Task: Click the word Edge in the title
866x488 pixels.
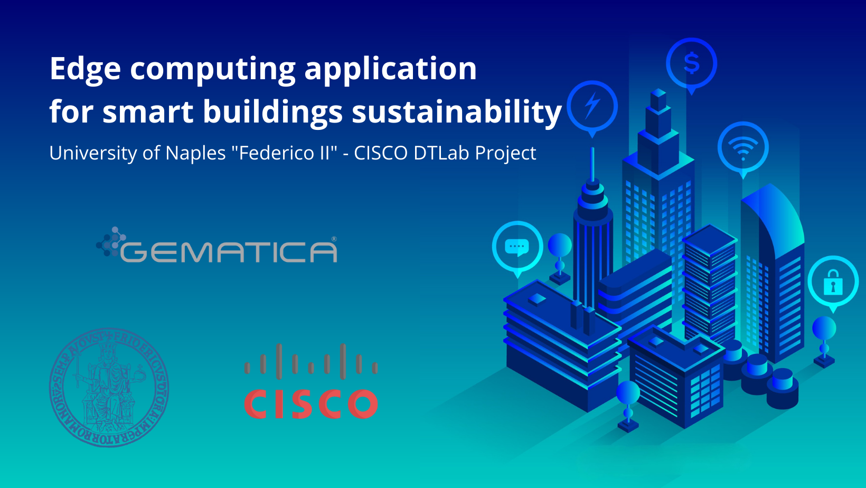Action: click(x=85, y=69)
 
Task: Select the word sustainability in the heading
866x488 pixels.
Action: click(x=457, y=112)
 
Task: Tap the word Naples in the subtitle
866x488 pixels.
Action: click(x=195, y=153)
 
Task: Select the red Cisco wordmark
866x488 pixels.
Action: click(x=311, y=405)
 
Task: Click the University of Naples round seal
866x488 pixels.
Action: click(x=109, y=387)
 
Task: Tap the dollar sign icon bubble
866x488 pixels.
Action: click(x=691, y=64)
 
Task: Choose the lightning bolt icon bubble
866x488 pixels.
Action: click(x=592, y=106)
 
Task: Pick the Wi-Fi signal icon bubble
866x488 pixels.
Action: click(x=743, y=147)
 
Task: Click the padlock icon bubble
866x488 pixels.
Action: click(x=833, y=282)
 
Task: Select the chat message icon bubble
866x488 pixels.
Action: click(x=517, y=247)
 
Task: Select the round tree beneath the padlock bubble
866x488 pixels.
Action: click(x=824, y=329)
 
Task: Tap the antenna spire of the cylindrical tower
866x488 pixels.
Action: click(x=592, y=164)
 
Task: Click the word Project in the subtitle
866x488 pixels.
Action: click(x=505, y=153)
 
